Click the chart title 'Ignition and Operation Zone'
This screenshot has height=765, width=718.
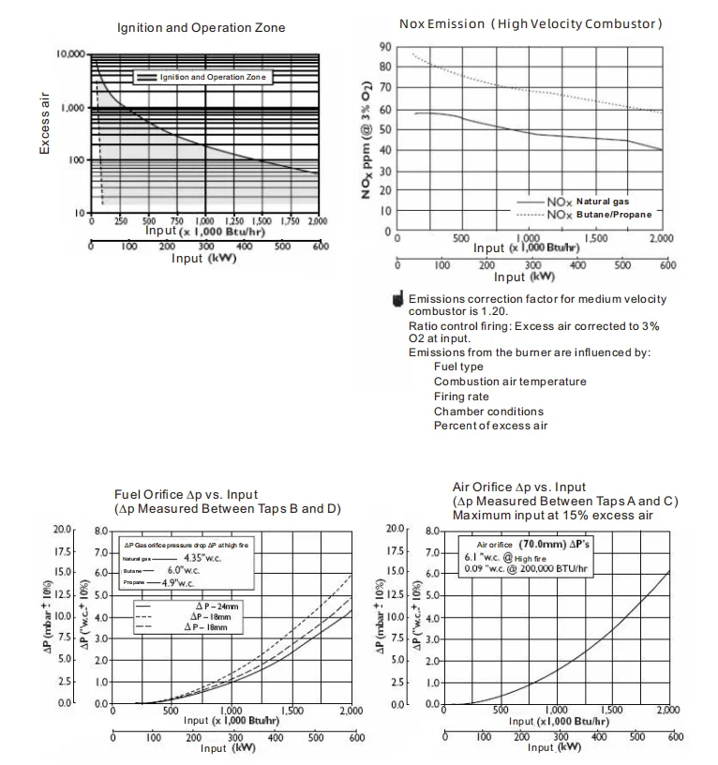pos(201,28)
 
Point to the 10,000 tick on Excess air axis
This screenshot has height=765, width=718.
pos(71,55)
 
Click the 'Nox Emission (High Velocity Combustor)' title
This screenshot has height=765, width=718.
pos(531,23)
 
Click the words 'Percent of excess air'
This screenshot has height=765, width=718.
pos(490,426)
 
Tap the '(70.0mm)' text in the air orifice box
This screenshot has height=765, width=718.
pos(535,544)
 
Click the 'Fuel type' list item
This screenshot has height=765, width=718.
pos(458,367)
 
